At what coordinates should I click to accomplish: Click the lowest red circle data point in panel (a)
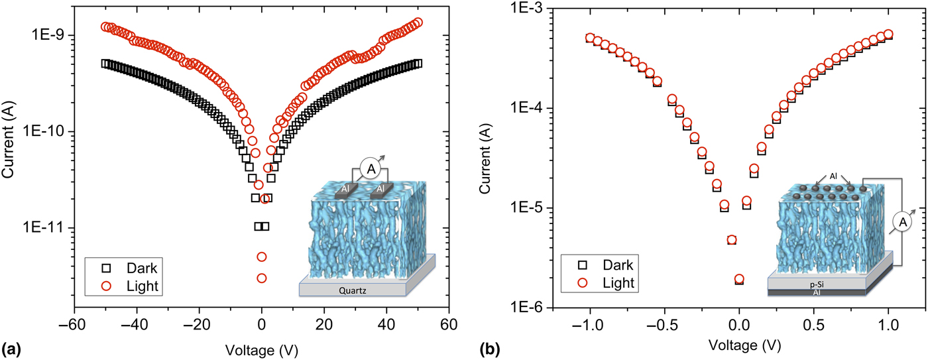[x=262, y=278]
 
